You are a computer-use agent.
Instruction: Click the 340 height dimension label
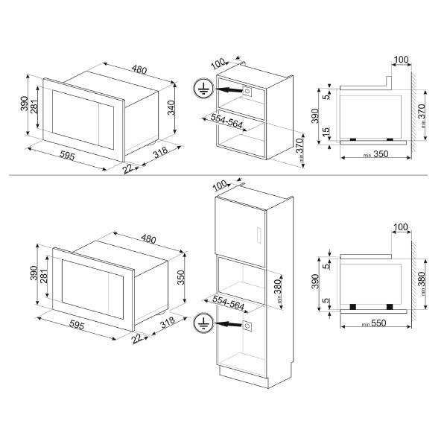(171, 107)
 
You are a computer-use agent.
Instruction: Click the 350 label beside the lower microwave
(181, 277)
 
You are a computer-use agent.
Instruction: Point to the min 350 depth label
(375, 154)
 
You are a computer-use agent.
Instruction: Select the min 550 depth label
(374, 323)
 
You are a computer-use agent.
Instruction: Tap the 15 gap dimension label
(326, 131)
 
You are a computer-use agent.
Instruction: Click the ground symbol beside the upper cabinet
(203, 89)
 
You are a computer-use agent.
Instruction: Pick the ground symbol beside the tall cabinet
(203, 323)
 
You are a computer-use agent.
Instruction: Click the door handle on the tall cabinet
(259, 235)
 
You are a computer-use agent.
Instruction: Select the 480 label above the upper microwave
(139, 69)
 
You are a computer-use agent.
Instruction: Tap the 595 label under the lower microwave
(77, 326)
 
